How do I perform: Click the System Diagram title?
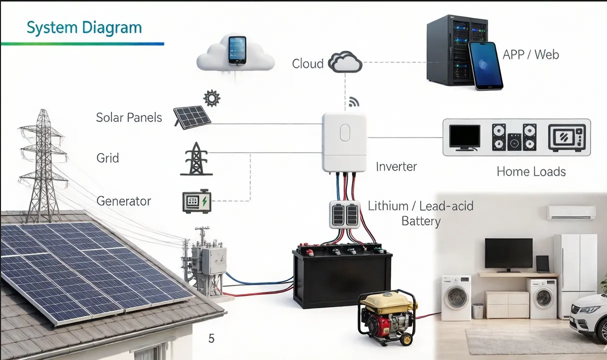pos(84,27)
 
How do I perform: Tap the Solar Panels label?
pos(129,117)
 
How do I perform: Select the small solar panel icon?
pos(192,116)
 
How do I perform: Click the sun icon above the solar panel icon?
pos(212,98)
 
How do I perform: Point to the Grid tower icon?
pos(196,159)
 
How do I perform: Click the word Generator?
pos(123,201)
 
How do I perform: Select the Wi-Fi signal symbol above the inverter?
pos(354,102)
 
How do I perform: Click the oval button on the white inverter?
pos(345,133)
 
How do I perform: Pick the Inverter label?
pos(396,166)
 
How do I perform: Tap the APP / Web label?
pos(530,54)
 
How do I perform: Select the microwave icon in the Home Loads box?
pos(566,137)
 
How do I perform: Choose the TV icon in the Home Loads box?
pos(464,137)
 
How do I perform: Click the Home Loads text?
pos(531,172)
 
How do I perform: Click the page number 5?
pos(211,338)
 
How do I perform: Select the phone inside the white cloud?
pos(237,49)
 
